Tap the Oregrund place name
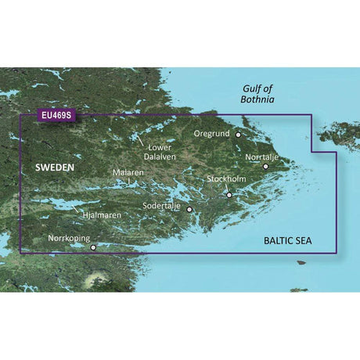click(x=213, y=134)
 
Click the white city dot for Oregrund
click(x=239, y=135)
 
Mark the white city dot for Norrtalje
click(x=266, y=167)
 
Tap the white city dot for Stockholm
click(x=229, y=195)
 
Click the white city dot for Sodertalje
click(x=189, y=210)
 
